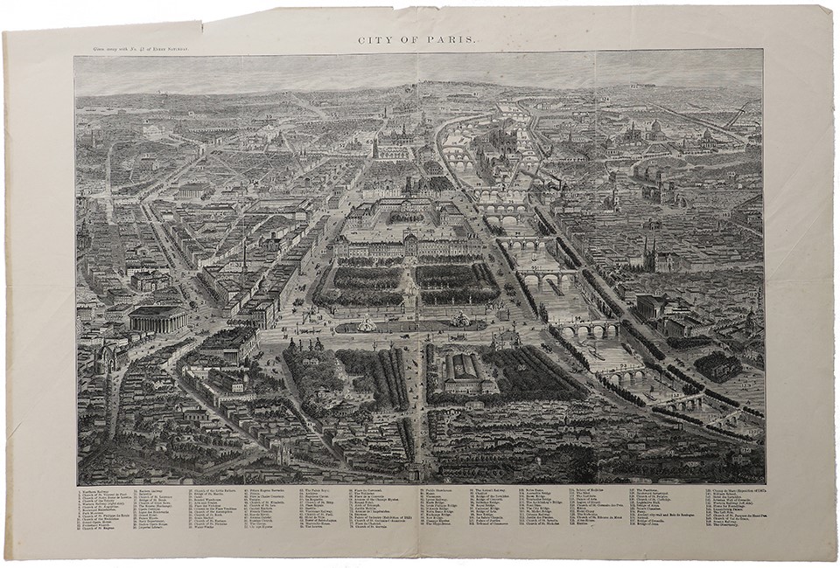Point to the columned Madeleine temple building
pos(158,318)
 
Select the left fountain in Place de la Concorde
pos(366,324)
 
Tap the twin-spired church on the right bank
pos(649,255)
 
